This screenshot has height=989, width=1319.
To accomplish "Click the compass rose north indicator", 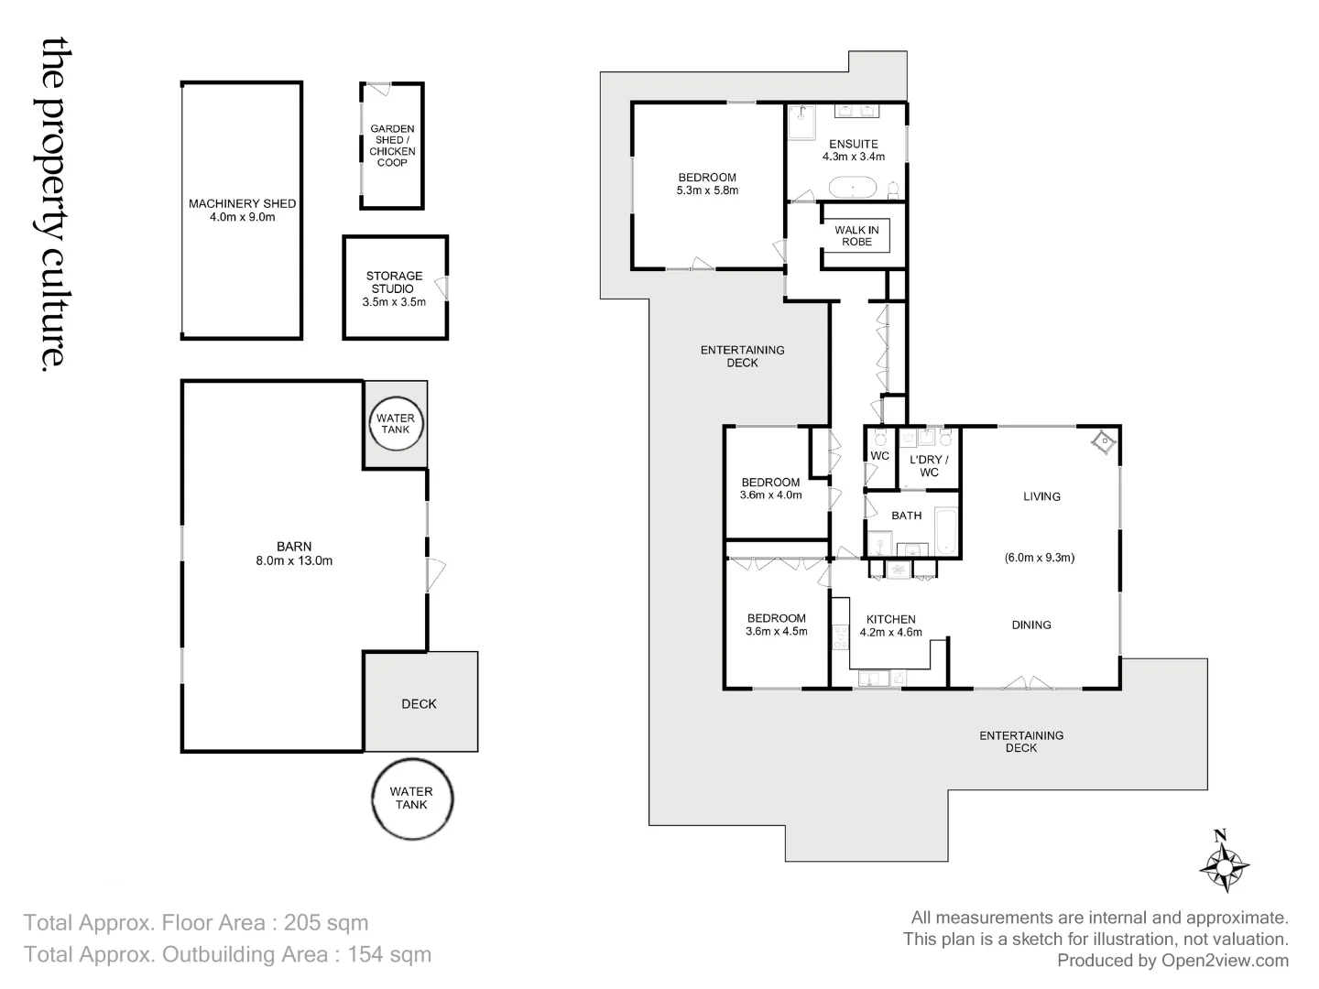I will click(x=1224, y=863).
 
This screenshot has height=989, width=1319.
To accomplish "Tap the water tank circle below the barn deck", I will click(x=411, y=799).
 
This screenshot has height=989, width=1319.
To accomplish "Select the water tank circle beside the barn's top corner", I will click(x=396, y=424).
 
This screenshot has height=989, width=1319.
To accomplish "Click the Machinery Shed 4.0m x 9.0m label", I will click(x=242, y=210).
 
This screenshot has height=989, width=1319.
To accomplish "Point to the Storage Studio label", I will click(x=395, y=288).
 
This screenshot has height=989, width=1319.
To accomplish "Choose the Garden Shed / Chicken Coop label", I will click(x=392, y=146).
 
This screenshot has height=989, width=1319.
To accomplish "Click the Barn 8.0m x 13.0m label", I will click(x=294, y=553).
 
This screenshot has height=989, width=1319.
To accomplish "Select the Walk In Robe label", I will click(x=856, y=235).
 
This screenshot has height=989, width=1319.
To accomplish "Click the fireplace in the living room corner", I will click(x=1105, y=442).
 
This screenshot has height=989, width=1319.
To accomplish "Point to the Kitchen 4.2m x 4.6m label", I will click(x=890, y=625).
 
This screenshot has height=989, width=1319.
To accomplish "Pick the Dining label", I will click(x=1030, y=625).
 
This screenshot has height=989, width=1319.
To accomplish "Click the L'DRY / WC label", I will click(x=929, y=466).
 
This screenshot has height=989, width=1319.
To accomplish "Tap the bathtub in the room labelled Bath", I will click(x=945, y=531).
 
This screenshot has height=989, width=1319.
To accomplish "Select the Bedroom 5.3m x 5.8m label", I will click(x=707, y=184).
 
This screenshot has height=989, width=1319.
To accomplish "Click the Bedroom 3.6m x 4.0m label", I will click(x=770, y=488).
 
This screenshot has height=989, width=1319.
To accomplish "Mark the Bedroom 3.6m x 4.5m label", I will click(x=776, y=625).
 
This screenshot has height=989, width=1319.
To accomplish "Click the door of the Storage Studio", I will click(x=442, y=288).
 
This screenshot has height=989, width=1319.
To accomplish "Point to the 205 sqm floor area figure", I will click(x=326, y=922).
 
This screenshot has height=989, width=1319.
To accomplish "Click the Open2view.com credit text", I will click(x=1225, y=961).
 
